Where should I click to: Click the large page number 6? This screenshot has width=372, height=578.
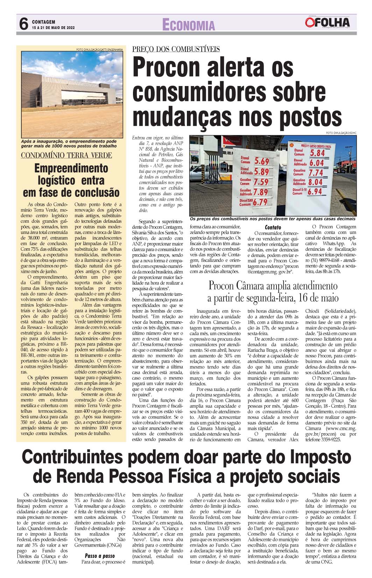23,24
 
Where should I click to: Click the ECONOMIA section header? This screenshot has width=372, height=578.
189,25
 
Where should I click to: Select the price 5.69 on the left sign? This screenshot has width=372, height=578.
261,161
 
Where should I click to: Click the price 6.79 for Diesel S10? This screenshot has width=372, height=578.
260,202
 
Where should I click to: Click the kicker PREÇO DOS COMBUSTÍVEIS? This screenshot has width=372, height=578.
176,49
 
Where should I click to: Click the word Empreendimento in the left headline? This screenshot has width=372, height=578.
71,169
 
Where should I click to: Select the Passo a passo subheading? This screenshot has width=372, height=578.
100,556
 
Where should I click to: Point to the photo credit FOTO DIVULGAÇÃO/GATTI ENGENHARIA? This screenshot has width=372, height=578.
99,50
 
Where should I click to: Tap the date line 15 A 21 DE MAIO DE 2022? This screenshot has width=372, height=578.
53,28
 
